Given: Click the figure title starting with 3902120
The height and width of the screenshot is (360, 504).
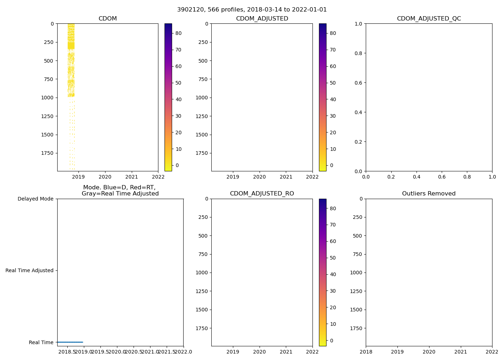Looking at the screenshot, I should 252,10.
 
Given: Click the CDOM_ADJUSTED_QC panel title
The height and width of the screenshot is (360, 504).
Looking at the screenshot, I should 429,19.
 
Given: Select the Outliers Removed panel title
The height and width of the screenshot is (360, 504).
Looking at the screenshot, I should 429,194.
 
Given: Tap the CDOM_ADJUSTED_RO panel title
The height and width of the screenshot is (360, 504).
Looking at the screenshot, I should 262,194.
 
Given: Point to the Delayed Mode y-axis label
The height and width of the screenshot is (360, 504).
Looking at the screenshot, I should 35,199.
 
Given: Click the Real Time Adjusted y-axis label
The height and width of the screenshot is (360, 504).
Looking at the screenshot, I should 30,270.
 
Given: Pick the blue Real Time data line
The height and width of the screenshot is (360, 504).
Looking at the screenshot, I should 70,342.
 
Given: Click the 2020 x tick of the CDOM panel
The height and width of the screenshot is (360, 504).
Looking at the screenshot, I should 105,177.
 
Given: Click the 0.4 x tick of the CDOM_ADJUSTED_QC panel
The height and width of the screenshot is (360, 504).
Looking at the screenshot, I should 417,177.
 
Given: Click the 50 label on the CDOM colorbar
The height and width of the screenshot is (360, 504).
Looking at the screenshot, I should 178,83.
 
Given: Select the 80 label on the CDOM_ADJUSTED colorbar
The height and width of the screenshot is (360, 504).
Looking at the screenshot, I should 333,33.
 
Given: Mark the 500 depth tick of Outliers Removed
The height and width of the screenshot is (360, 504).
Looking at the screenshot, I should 357,236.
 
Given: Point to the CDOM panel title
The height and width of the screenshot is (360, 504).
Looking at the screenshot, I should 108,19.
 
